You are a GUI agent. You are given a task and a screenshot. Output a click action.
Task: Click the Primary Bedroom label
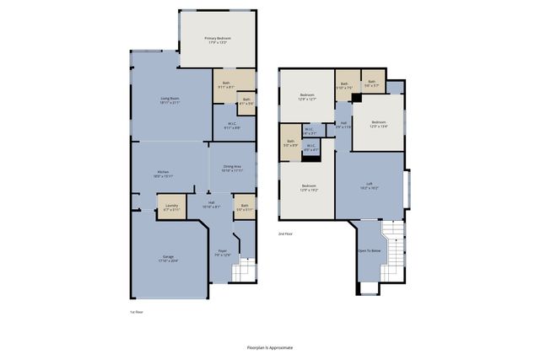pyautogui.click(x=218, y=40)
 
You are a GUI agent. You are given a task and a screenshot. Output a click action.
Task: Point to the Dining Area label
pyautogui.click(x=232, y=169)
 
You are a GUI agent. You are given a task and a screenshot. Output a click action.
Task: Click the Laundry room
pyautogui.click(x=171, y=207)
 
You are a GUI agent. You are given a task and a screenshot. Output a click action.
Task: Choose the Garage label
pyautogui.click(x=170, y=259)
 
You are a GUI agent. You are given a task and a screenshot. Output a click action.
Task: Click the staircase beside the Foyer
pyautogui.click(x=242, y=271)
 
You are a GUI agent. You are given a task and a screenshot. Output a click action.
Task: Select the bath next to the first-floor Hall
pyautogui.click(x=245, y=207)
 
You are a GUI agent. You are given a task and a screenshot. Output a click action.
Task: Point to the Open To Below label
pyautogui.click(x=369, y=251)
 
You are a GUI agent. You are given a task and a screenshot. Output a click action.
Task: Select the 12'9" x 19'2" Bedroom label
pyautogui.click(x=309, y=188)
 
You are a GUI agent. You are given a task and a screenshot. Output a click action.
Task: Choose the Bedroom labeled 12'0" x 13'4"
pyautogui.click(x=377, y=125)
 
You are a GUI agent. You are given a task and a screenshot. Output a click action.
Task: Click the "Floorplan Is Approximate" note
pyautogui.click(x=270, y=347)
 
